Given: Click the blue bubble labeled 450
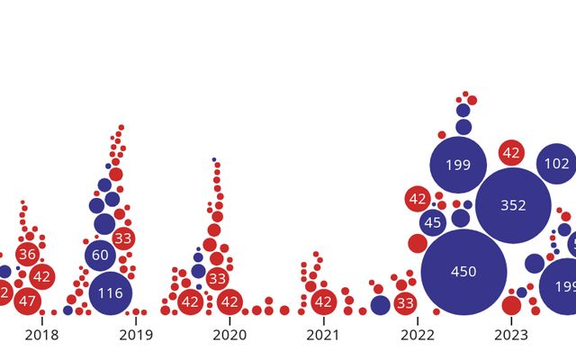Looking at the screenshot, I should [x=463, y=272].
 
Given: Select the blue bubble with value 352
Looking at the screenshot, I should [x=513, y=205].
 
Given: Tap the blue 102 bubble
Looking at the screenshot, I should [x=557, y=165].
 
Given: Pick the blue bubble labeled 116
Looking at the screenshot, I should [x=111, y=293].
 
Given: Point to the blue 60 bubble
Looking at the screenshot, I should [x=101, y=256].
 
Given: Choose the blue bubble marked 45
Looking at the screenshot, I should [x=433, y=222].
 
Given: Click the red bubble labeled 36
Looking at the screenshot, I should [x=27, y=255].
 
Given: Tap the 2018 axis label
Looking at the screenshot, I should [x=41, y=336].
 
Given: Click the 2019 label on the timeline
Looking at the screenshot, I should [x=136, y=336].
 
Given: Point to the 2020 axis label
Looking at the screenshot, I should [x=229, y=336].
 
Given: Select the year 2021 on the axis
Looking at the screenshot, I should [x=323, y=336].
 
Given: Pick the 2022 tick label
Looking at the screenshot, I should [x=418, y=336].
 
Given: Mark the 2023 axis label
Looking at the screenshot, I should [x=511, y=336].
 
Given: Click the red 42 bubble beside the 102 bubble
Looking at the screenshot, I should [x=512, y=153].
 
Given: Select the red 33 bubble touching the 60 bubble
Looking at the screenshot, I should [x=123, y=238].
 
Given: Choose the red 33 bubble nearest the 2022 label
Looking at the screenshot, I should [x=405, y=302].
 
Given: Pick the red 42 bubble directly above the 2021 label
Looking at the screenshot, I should [x=323, y=302].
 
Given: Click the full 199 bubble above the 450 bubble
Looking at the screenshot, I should [x=458, y=165].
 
